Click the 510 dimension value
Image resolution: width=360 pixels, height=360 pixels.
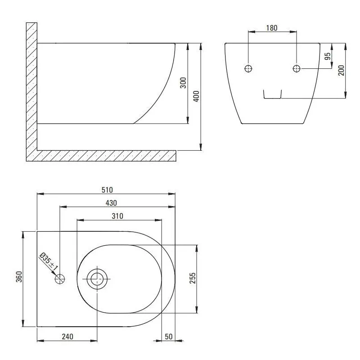click(x=107, y=189)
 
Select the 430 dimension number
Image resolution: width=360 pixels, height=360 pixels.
click(x=111, y=202)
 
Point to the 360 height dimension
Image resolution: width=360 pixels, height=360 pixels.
click(x=18, y=279)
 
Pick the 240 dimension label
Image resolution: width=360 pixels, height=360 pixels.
click(x=67, y=336)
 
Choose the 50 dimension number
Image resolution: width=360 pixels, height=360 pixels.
click(x=169, y=336)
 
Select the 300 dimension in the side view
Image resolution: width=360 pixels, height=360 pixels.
click(x=183, y=83)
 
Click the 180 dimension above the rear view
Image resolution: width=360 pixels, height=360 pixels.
click(x=272, y=28)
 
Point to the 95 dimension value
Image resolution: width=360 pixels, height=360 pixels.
click(x=328, y=56)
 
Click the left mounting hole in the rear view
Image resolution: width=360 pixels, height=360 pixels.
click(x=248, y=68)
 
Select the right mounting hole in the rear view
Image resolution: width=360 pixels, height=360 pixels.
click(x=297, y=68)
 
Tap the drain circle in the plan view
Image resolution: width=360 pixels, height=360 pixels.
click(x=96, y=279)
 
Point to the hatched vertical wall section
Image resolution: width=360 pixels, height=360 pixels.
click(x=31, y=90)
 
